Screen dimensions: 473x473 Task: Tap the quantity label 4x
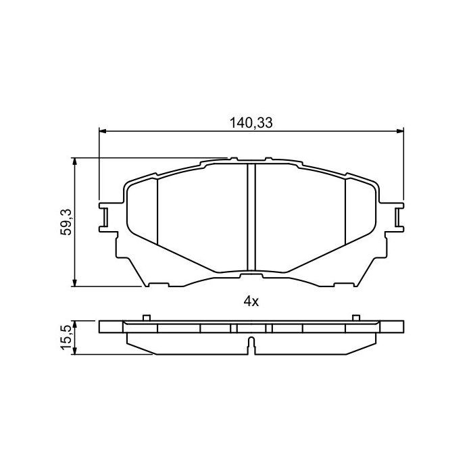tap(251, 302)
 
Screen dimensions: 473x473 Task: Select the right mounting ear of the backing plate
tap(399, 216)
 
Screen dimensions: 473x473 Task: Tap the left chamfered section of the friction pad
tap(143, 209)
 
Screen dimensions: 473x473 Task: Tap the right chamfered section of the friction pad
tap(359, 209)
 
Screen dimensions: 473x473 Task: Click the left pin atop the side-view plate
tap(146, 317)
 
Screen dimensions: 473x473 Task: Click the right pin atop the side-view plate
tap(355, 317)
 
